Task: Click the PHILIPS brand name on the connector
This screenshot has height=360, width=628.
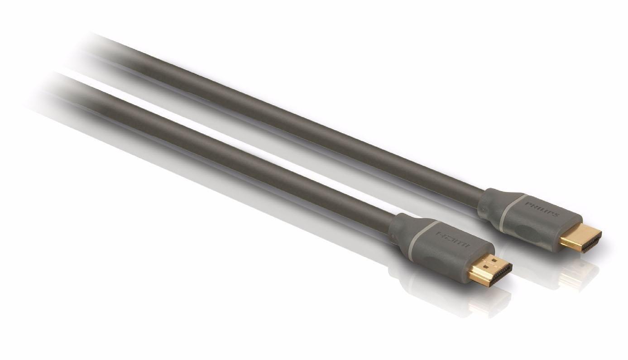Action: [x=542, y=209]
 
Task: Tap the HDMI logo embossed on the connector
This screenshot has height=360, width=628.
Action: [x=452, y=239]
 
